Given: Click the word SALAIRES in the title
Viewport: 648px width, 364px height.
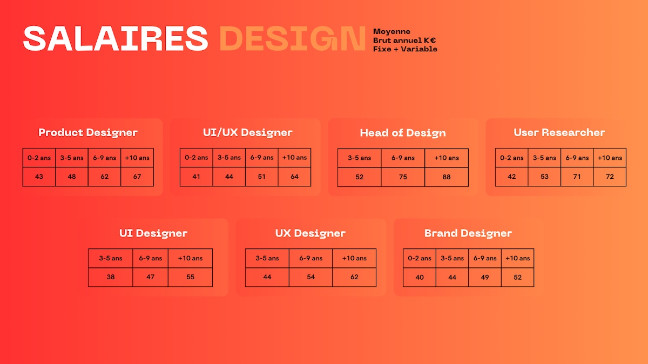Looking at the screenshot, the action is tap(116, 38).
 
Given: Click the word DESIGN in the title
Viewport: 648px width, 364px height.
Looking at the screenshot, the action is tap(293, 38).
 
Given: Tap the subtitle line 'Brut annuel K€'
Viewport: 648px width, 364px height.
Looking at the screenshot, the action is tap(404, 40).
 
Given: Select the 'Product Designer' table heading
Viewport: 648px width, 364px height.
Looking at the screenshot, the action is tap(88, 132).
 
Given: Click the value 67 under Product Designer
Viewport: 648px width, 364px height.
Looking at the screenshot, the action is tap(137, 177).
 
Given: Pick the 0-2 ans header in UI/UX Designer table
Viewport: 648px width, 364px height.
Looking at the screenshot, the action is tap(196, 158).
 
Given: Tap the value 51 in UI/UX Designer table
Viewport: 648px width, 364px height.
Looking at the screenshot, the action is tap(261, 177).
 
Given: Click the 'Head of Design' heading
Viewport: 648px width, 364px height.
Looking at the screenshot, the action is tap(403, 133).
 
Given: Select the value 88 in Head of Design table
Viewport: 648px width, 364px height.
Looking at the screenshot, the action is tap(447, 177).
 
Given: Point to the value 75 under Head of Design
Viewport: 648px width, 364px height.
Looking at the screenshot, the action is tap(403, 177).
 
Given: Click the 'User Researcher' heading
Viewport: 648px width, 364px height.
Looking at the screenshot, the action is tap(559, 132).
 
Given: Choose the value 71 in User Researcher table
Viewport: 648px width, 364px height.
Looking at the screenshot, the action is tap(577, 177).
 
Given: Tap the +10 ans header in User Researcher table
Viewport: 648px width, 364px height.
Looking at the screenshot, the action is tap(610, 158).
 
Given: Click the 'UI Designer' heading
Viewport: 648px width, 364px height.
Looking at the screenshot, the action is tap(153, 233).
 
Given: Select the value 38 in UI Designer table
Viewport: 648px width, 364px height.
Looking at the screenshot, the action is tap(111, 277).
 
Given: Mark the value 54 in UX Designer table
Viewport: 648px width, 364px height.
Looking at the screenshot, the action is tap(310, 277).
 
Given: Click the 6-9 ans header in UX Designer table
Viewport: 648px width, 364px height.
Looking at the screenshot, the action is tap(310, 258).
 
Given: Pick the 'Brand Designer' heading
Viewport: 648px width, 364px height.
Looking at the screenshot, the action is tap(468, 233).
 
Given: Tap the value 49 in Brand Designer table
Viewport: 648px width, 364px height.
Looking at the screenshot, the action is tap(485, 277).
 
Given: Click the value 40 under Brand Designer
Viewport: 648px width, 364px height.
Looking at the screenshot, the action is tap(420, 277).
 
